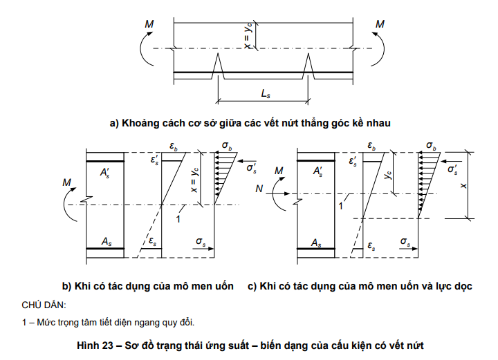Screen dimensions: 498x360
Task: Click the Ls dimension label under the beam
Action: [266, 94]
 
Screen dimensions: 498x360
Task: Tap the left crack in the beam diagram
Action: [218, 66]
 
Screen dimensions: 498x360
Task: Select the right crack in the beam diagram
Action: [308, 66]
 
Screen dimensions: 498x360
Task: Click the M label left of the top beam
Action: [149, 24]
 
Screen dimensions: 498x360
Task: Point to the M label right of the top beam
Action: [380, 24]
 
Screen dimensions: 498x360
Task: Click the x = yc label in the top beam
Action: [248, 35]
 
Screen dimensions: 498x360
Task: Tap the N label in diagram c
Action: [259, 189]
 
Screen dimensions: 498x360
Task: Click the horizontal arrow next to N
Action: [278, 193]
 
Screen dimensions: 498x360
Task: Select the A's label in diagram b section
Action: [105, 173]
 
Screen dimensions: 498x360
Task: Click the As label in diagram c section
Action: [316, 243]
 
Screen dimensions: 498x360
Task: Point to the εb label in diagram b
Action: [174, 146]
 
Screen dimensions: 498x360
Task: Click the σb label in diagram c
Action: [432, 146]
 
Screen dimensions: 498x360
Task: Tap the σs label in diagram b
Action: [201, 242]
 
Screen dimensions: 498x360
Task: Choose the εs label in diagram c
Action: [371, 246]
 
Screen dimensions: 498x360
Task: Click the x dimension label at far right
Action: [463, 186]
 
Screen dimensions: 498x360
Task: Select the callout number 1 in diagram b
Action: [178, 219]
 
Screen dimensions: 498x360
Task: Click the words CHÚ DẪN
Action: [44, 305]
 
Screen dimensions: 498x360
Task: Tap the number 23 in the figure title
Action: [107, 345]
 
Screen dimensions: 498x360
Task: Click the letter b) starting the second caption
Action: [66, 287]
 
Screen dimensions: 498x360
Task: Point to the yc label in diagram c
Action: [389, 174]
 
